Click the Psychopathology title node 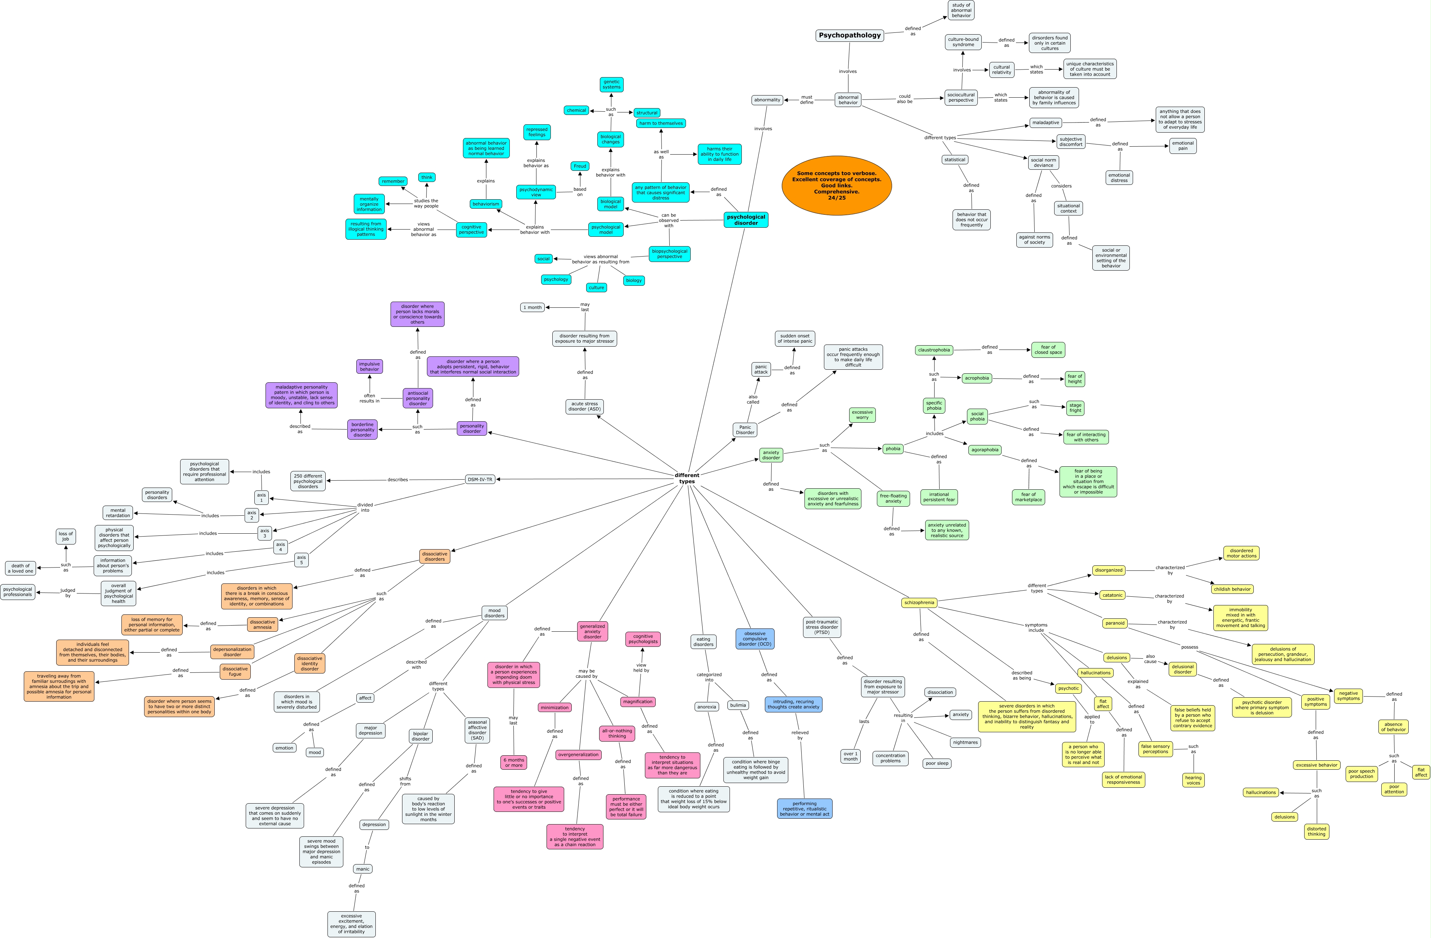(x=850, y=35)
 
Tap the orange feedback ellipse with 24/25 (x=836, y=185)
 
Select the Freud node (x=580, y=166)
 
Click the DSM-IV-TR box (x=480, y=479)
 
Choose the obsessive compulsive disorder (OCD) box (x=754, y=639)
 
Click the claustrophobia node (x=934, y=350)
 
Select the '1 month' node (x=532, y=307)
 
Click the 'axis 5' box (x=301, y=560)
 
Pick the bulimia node (x=738, y=705)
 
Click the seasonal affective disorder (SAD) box (x=477, y=730)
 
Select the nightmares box (x=965, y=743)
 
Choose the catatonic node (x=1112, y=595)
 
